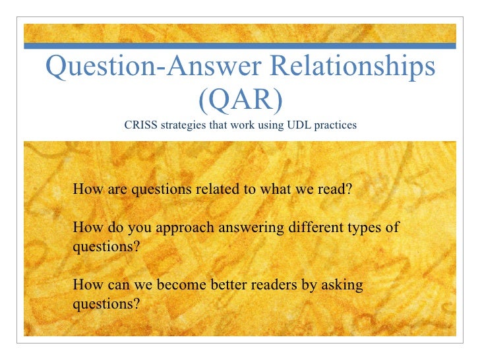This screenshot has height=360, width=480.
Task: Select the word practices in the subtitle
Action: click(336, 124)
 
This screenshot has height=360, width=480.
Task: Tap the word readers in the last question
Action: click(273, 285)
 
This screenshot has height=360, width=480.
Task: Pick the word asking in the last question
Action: click(340, 285)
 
